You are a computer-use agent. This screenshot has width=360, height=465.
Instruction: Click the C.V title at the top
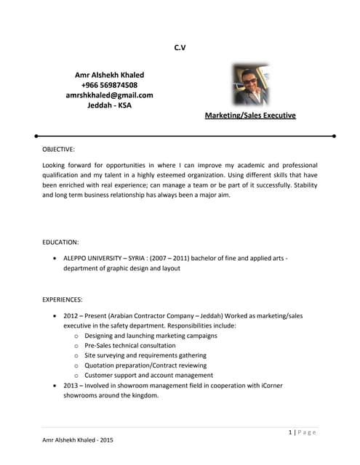pyautogui.click(x=180, y=48)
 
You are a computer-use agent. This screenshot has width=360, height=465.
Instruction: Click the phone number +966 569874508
pyautogui.click(x=109, y=85)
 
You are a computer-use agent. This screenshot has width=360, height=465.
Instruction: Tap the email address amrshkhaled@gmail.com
pyautogui.click(x=109, y=95)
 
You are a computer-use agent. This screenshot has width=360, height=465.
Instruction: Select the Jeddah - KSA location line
pyautogui.click(x=109, y=105)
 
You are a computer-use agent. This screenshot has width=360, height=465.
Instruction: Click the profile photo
pyautogui.click(x=251, y=85)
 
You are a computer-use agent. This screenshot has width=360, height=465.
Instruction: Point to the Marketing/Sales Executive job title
pyautogui.click(x=250, y=116)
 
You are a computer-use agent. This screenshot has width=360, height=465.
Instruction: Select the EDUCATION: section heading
pyautogui.click(x=61, y=242)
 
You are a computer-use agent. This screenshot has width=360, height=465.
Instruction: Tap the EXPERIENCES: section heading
pyautogui.click(x=63, y=299)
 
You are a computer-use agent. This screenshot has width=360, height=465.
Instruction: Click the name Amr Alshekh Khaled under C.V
pyautogui.click(x=109, y=75)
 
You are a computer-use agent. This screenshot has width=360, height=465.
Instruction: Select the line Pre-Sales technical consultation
pyautogui.click(x=129, y=346)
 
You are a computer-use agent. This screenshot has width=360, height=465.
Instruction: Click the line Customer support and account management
pyautogui.click(x=148, y=376)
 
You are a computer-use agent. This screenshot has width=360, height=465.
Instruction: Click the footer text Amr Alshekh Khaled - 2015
pyautogui.click(x=77, y=440)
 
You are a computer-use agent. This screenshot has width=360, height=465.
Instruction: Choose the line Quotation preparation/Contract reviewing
pyautogui.click(x=145, y=365)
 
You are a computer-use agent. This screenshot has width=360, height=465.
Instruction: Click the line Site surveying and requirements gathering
pyautogui.click(x=145, y=356)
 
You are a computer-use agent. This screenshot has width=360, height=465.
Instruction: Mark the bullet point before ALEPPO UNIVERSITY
pyautogui.click(x=56, y=258)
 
